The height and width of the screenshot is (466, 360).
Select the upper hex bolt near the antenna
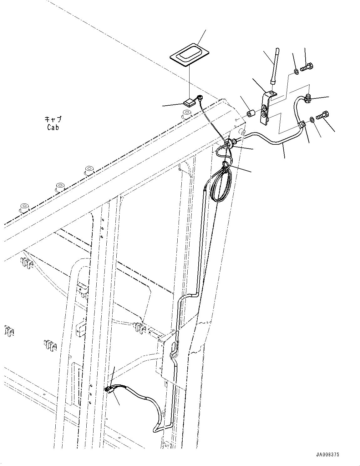tap(307, 67)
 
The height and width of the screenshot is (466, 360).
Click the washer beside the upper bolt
tap(296, 73)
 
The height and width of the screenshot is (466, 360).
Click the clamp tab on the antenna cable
tap(302, 125)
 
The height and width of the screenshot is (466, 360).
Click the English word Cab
tap(53, 127)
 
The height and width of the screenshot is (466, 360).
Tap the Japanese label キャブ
tap(53, 119)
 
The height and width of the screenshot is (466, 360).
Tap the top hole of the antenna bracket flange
tap(271, 93)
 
